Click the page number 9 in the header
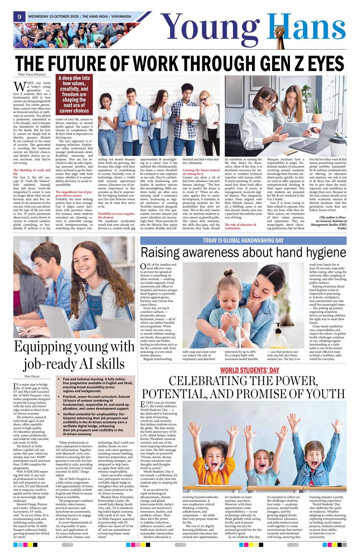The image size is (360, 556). click(19, 16)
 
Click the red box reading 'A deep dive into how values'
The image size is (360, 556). click(74, 94)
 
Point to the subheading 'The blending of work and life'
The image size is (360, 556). click(32, 172)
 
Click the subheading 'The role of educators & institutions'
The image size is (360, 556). click(240, 226)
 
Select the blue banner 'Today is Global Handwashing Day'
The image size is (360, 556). click(243, 241)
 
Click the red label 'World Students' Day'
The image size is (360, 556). click(250, 370)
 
